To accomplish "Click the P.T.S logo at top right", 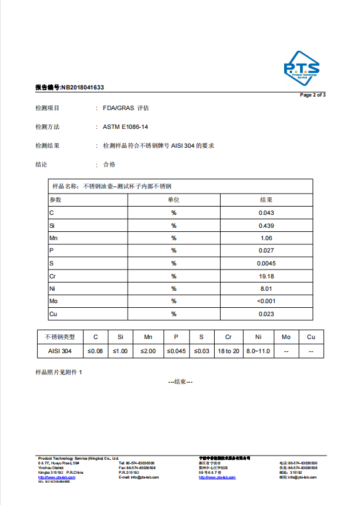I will (301, 68).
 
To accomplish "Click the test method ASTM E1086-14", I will (125, 127).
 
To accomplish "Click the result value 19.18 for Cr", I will (266, 276).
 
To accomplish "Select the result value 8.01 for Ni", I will (266, 289).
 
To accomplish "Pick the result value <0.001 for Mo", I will (266, 301).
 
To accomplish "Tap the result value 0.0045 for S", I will (266, 263).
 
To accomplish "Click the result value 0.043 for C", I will (266, 212).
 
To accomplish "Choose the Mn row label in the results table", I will (54, 238).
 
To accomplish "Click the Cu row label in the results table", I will (53, 314).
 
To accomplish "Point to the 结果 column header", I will (266, 200).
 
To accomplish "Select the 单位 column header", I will (174, 200).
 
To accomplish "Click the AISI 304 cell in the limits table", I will (59, 351).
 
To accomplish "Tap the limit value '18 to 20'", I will (228, 351).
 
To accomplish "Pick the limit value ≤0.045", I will (176, 351).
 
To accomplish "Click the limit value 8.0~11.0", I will (258, 351).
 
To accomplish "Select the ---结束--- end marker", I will (180, 381).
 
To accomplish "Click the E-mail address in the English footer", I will (137, 477).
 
